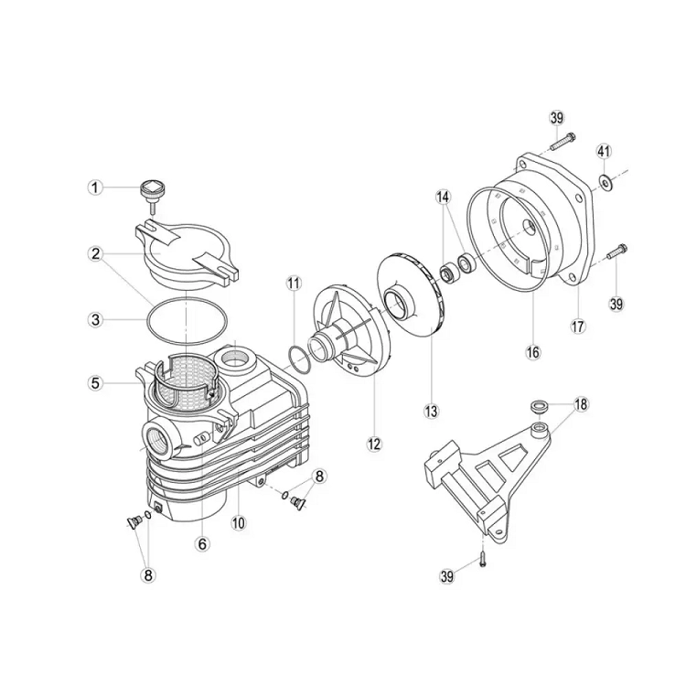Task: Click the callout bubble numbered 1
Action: pos(94,188)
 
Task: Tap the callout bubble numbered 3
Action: pos(96,320)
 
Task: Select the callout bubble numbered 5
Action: pos(96,383)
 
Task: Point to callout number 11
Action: pos(294,284)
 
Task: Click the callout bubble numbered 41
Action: pos(605,151)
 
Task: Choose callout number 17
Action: pos(578,326)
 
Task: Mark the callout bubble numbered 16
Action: pos(533,352)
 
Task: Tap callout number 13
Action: pos(431,412)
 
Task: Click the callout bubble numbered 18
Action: pos(581,404)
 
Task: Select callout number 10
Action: pos(240,522)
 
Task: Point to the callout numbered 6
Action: pos(202,544)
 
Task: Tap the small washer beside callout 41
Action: pos(605,182)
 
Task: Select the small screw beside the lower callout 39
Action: pos(482,560)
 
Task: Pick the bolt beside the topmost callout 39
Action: pos(563,141)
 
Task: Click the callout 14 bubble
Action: pos(443,198)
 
